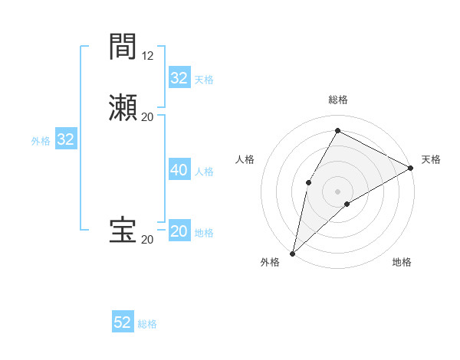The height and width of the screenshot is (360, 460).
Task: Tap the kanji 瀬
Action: tap(123, 106)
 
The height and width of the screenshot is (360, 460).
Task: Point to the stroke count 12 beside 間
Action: tap(148, 55)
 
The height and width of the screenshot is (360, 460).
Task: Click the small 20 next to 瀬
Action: tap(148, 116)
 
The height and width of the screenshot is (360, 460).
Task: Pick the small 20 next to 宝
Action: tap(148, 240)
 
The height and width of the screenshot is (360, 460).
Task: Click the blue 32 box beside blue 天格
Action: tap(179, 77)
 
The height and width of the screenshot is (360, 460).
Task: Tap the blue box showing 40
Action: tap(179, 170)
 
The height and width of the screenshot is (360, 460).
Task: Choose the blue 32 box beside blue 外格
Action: tap(66, 139)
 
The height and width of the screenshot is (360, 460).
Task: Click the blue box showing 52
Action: tap(123, 322)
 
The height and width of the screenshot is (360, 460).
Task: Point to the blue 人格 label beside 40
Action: tap(204, 172)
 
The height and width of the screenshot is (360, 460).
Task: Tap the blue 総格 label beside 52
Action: tap(147, 324)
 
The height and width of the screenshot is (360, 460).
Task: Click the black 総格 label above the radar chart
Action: tap(338, 100)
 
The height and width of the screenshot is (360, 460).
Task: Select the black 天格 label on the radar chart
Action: tap(431, 159)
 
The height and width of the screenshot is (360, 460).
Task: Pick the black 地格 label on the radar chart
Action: tap(402, 263)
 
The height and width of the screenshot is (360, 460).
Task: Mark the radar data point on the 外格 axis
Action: tap(292, 253)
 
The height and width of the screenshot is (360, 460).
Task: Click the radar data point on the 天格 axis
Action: tap(411, 168)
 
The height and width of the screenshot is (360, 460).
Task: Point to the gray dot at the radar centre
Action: tap(337, 191)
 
